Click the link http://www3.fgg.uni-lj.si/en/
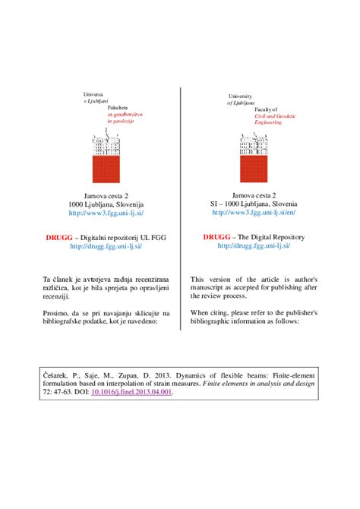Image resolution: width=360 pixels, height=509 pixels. point(254,214)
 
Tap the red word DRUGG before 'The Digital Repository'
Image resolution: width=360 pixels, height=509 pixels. point(216,237)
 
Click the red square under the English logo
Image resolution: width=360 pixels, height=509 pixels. point(253,172)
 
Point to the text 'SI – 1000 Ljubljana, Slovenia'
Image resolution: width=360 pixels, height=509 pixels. point(254,205)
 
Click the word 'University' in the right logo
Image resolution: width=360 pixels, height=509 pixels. point(242,96)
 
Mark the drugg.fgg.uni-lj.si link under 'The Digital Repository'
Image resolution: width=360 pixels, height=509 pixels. point(254,246)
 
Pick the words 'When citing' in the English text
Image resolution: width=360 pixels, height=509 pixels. point(210,313)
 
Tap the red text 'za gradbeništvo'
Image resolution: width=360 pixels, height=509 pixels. point(125,113)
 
